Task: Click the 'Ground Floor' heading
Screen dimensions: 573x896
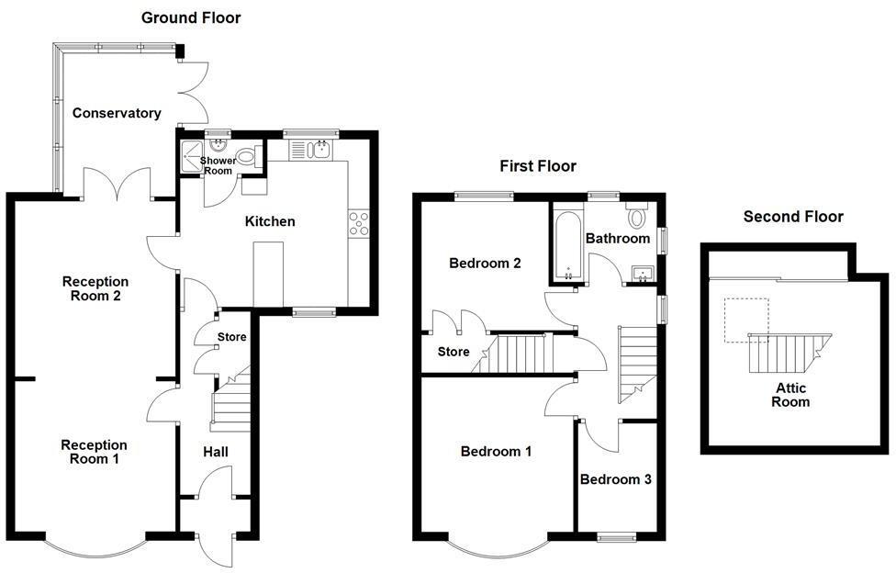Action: (192, 17)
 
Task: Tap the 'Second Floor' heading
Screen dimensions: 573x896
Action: (793, 217)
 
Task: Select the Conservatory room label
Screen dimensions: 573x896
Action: (117, 113)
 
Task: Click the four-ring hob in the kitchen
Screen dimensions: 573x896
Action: (358, 224)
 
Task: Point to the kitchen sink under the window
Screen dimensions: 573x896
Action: (318, 149)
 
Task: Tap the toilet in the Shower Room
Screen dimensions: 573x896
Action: (246, 157)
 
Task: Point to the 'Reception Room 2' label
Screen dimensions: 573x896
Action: (95, 288)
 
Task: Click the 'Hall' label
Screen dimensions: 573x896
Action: (215, 452)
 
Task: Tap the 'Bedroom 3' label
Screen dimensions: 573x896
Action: (615, 479)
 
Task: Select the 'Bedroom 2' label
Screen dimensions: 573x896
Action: (485, 264)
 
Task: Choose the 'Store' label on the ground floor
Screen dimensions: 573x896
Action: (231, 337)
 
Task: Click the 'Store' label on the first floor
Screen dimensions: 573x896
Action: (454, 352)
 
